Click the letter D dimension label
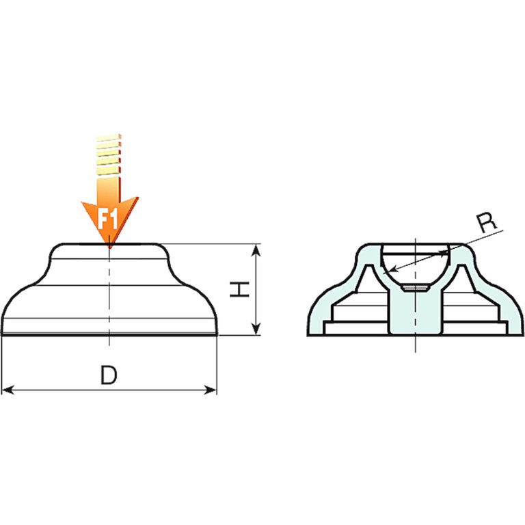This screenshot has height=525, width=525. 109,375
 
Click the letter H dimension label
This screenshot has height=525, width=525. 240,290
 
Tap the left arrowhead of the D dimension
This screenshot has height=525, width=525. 8,390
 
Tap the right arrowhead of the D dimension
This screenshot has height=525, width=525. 211,390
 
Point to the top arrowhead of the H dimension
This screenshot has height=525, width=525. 256,250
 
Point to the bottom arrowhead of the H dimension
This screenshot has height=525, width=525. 256,328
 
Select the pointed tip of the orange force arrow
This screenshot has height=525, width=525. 110,246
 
